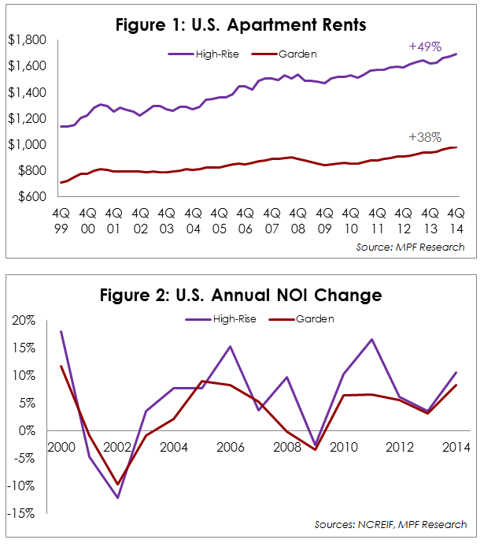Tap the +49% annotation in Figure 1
425,47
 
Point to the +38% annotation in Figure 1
425,136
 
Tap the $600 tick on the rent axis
31,197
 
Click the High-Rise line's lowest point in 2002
118,497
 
